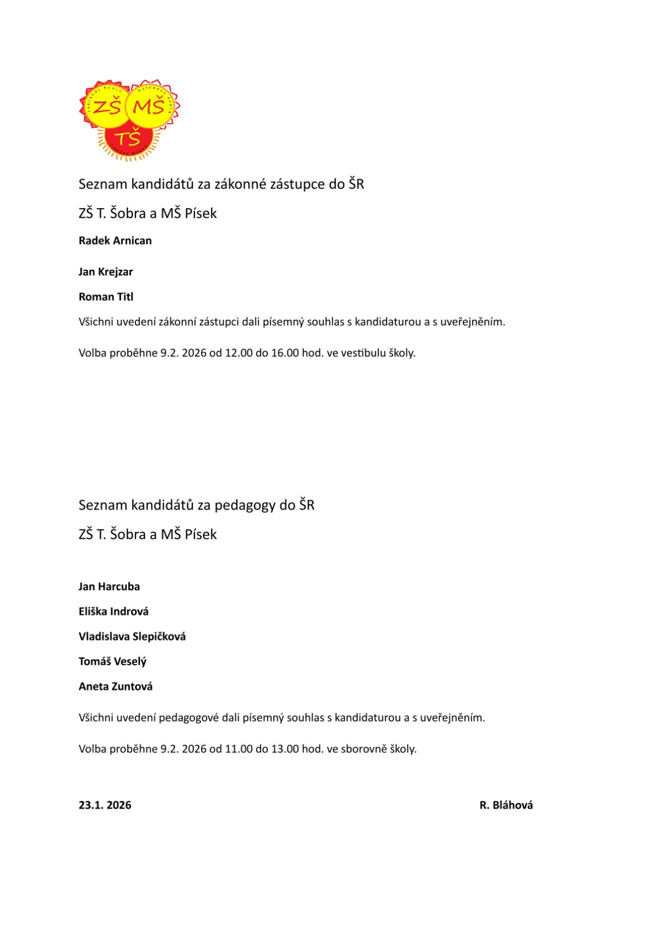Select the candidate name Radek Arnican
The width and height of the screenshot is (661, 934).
(x=115, y=241)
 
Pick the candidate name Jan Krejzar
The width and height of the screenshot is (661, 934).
(x=106, y=272)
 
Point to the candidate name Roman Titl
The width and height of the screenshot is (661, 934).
(x=106, y=297)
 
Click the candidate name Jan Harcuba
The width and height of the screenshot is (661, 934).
(x=109, y=587)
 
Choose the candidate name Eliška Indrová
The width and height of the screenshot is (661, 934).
(x=113, y=611)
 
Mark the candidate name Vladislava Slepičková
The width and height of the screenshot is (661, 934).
(x=132, y=637)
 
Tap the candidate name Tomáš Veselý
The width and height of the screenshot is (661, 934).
(x=112, y=662)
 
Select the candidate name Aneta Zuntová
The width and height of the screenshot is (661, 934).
(x=116, y=687)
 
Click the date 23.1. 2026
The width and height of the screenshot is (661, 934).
(x=105, y=805)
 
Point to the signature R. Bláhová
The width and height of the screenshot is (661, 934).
(x=506, y=805)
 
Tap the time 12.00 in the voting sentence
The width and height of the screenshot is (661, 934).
(x=239, y=353)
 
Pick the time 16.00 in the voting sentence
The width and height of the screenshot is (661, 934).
(x=285, y=353)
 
